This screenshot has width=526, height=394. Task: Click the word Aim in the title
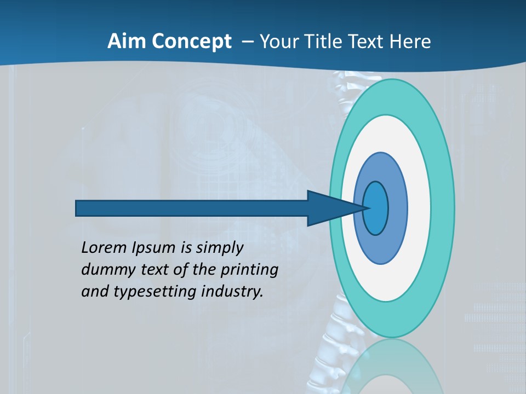coord(128,42)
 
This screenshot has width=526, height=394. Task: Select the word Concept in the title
coord(192,42)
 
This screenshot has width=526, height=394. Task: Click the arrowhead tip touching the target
coord(366,208)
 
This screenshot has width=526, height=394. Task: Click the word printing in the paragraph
coord(250,270)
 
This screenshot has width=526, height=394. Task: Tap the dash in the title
coord(248,42)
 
